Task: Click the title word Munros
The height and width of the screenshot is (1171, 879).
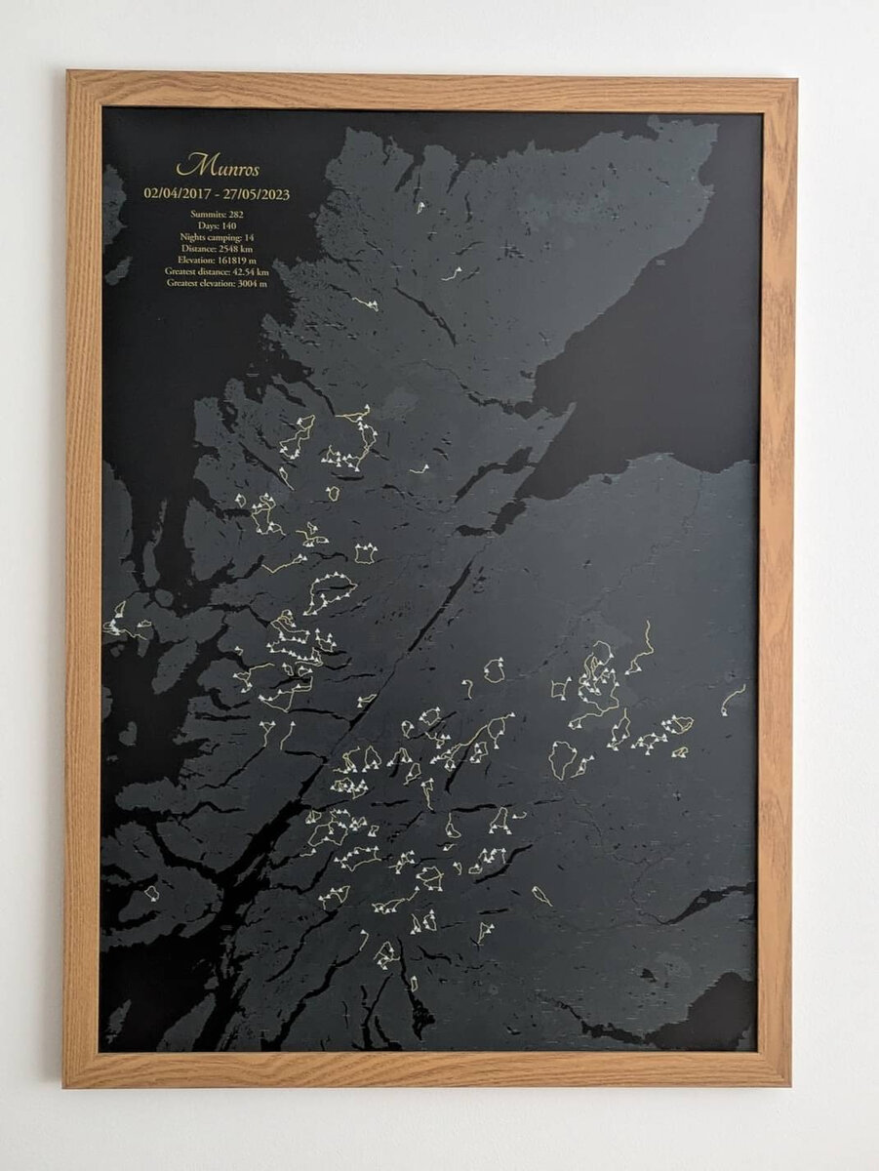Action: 218,164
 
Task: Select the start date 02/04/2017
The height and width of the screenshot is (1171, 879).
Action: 179,193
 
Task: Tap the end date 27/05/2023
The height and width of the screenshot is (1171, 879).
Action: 257,193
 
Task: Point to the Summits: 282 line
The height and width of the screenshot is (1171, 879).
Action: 218,213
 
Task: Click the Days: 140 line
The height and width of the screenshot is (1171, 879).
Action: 218,224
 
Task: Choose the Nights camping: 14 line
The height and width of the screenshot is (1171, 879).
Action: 218,236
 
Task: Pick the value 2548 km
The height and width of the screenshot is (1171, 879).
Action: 234,248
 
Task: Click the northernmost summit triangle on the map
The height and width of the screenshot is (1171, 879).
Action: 420,206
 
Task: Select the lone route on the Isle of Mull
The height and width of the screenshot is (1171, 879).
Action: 151,892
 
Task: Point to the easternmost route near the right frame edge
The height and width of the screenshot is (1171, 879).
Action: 733,698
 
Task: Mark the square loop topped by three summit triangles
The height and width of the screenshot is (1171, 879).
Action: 365,553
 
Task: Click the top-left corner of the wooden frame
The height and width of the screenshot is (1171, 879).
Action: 68,74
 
